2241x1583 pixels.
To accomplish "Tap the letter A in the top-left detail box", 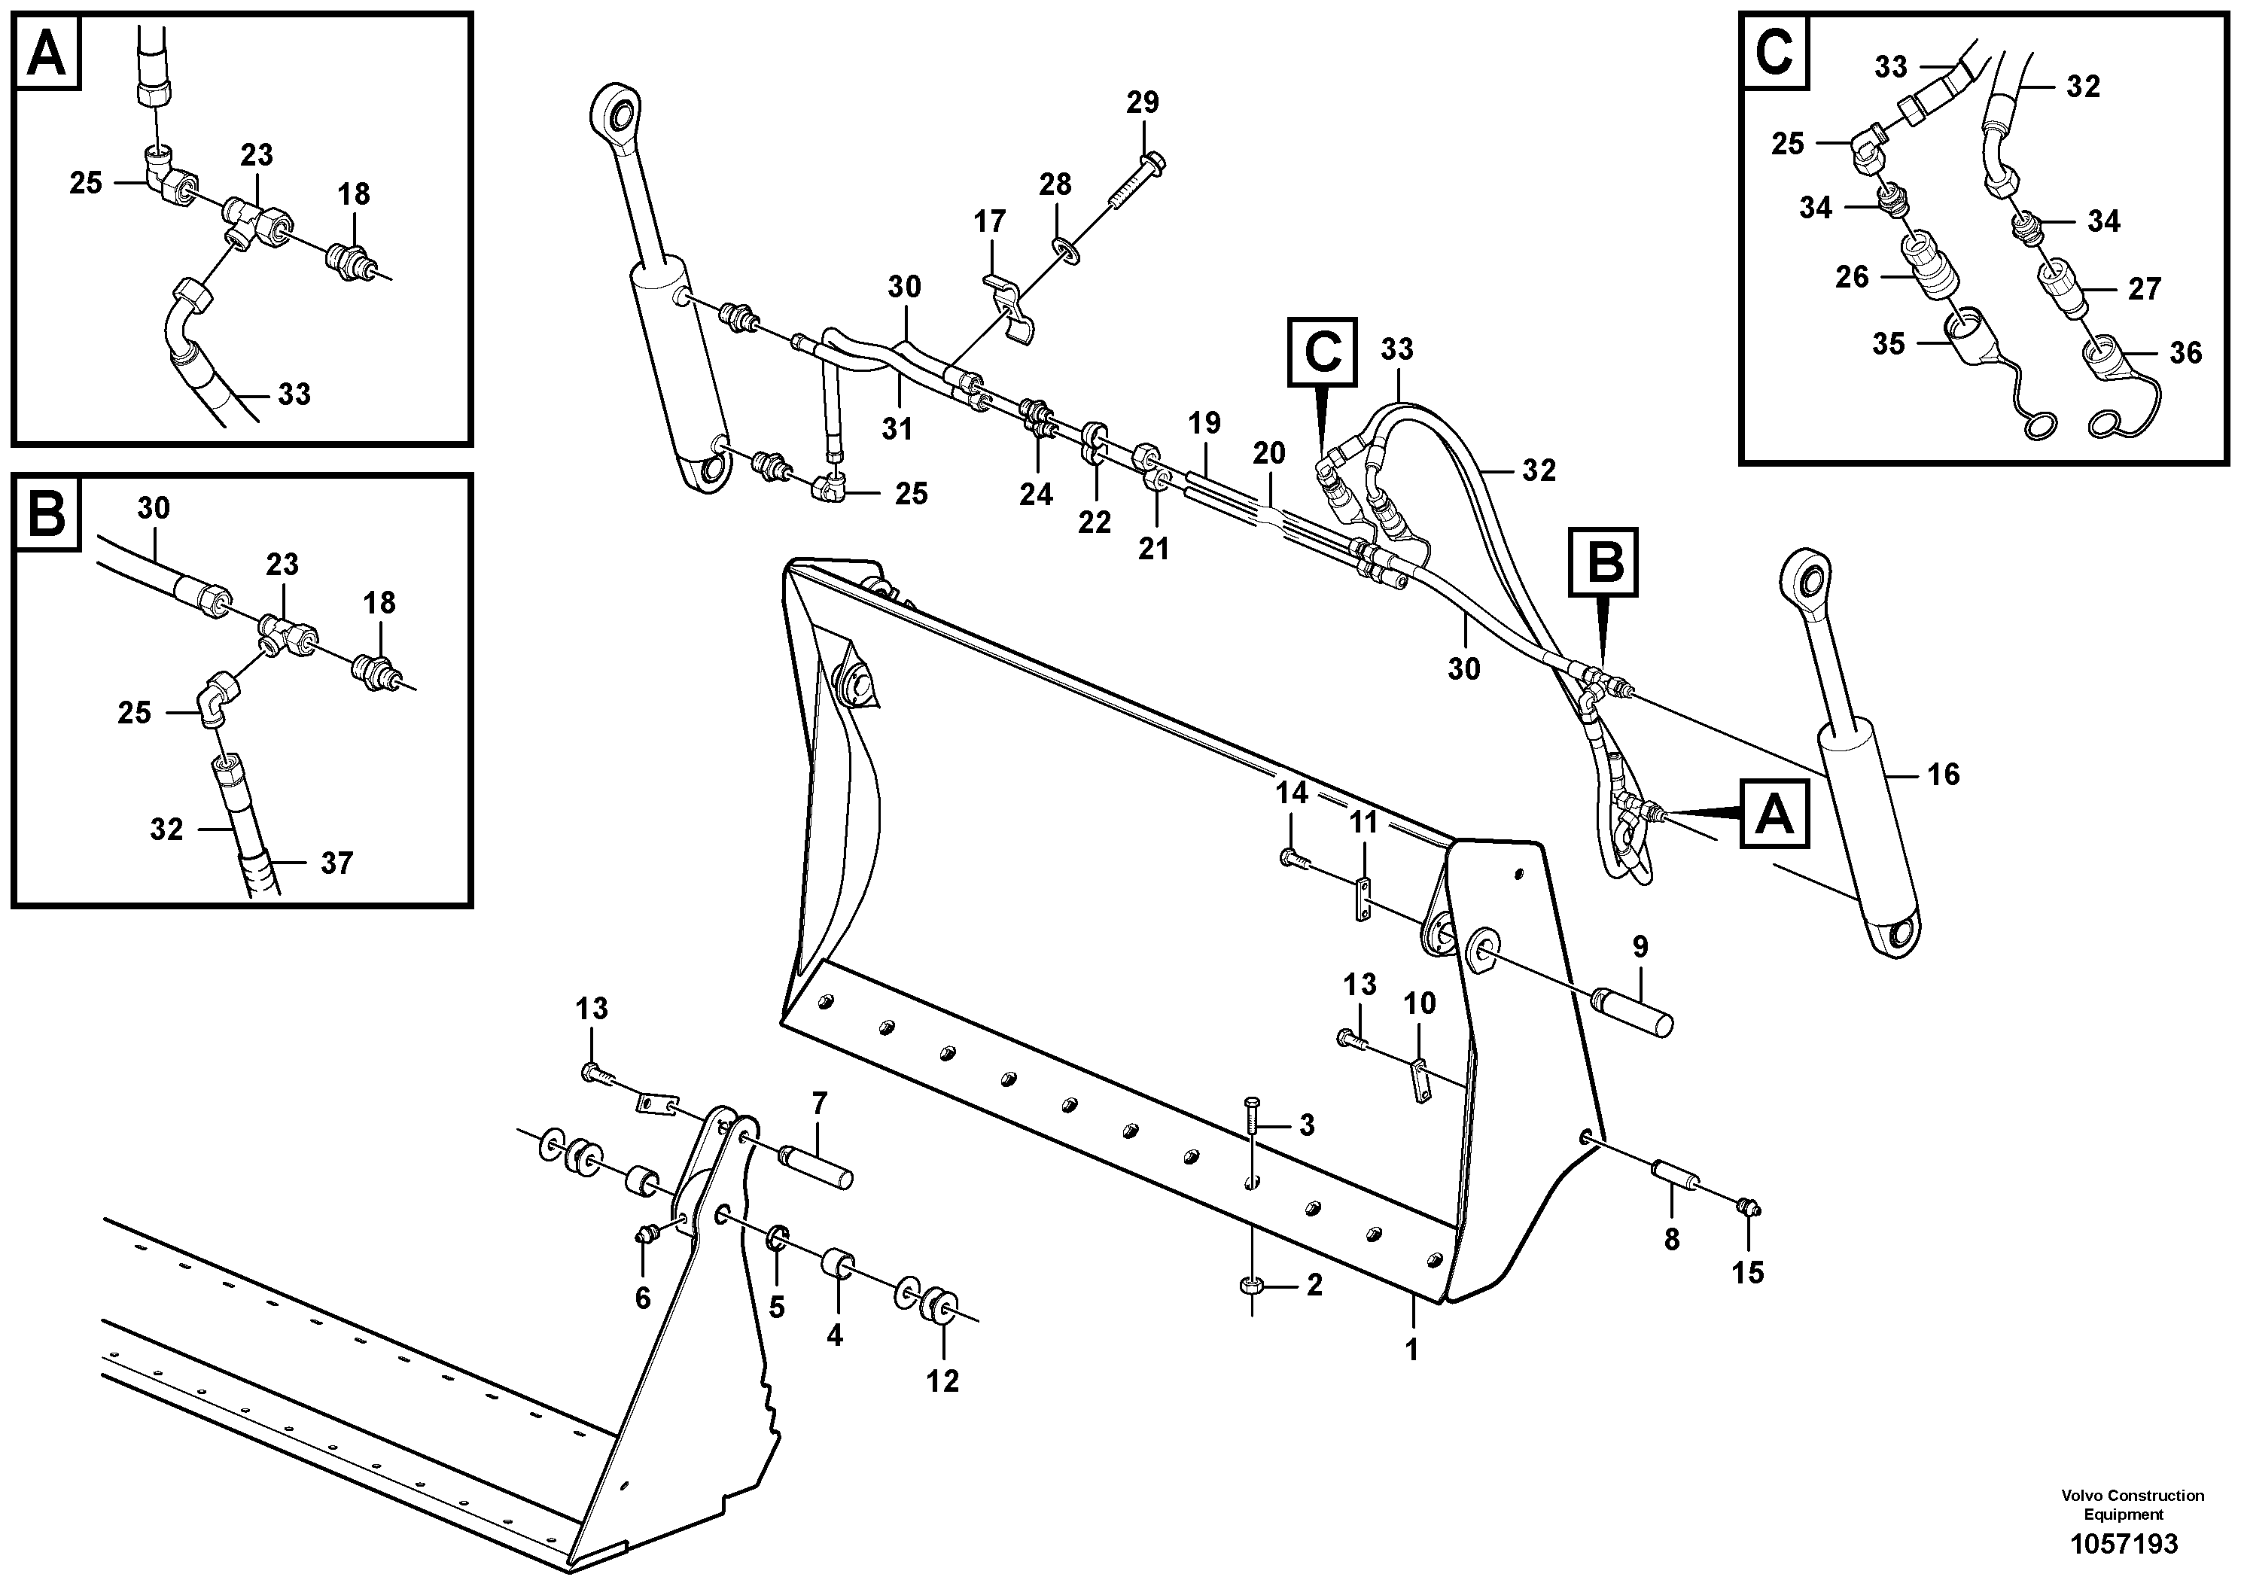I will (x=47, y=53).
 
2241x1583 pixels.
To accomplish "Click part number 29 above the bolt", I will (x=1143, y=102).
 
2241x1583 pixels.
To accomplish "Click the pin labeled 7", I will (x=818, y=1167).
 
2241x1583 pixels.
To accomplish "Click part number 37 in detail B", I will (x=336, y=863).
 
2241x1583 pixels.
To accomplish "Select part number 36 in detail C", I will (x=2185, y=352).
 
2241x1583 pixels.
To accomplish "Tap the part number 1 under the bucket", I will (x=1411, y=1350).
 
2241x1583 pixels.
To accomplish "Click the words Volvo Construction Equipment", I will (x=2133, y=1504).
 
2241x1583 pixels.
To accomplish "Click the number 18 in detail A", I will (x=355, y=194).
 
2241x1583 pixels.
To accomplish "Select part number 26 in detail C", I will (x=1852, y=277).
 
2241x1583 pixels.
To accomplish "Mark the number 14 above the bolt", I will (x=1291, y=793).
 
